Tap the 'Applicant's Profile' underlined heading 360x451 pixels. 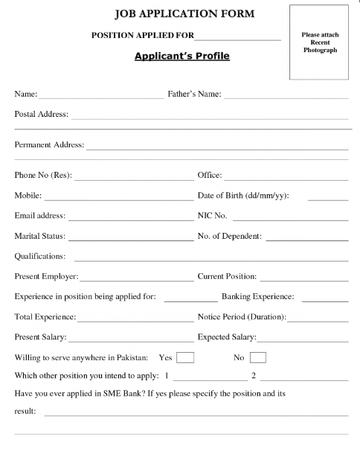[182, 56]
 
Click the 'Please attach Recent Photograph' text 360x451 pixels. [320, 42]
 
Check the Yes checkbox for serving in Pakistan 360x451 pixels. [184, 357]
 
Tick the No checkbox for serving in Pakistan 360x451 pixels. [258, 357]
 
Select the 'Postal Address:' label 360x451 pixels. [41, 115]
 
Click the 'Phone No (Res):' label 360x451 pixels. [43, 176]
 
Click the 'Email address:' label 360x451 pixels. [40, 217]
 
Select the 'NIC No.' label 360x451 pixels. [213, 217]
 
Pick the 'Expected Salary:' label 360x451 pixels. [226, 337]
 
